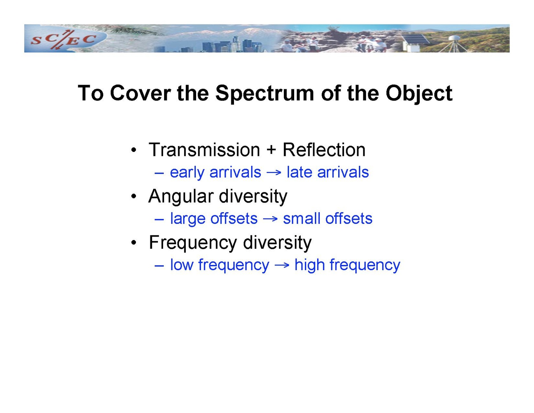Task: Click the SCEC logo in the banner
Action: (63, 39)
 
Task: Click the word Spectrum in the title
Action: (265, 93)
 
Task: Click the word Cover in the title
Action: (140, 93)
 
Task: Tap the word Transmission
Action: (204, 149)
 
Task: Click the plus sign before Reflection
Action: (271, 150)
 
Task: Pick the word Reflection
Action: (324, 149)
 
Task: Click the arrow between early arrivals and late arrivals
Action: (274, 173)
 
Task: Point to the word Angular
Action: (181, 197)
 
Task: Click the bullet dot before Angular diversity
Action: (133, 196)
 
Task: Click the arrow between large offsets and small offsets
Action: (270, 219)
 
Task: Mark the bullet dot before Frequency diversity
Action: (133, 243)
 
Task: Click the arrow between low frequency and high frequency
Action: (282, 266)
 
